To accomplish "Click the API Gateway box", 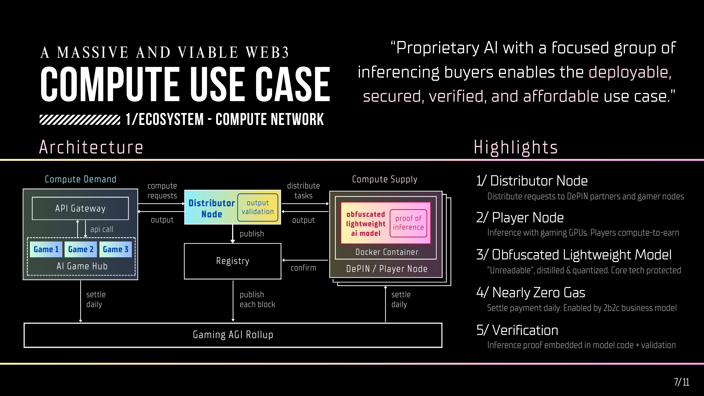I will pyautogui.click(x=80, y=208).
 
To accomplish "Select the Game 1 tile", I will pyautogui.click(x=46, y=249).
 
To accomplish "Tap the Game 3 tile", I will pyautogui.click(x=115, y=249).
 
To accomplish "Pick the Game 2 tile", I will pyautogui.click(x=81, y=249).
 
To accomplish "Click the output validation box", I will pyautogui.click(x=257, y=207).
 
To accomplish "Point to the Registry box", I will pyautogui.click(x=232, y=261).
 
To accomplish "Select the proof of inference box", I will pyautogui.click(x=408, y=223).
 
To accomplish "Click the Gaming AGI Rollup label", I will pyautogui.click(x=233, y=335).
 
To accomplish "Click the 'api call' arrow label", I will pyautogui.click(x=102, y=229).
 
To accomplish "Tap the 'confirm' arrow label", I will pyautogui.click(x=303, y=268).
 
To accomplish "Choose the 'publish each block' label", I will pyautogui.click(x=257, y=300).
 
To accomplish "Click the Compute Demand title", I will pyautogui.click(x=81, y=179).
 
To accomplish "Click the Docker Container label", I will pyautogui.click(x=387, y=252).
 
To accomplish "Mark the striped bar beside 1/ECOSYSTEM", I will pyautogui.click(x=80, y=120).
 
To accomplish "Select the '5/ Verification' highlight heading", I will pyautogui.click(x=517, y=330).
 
